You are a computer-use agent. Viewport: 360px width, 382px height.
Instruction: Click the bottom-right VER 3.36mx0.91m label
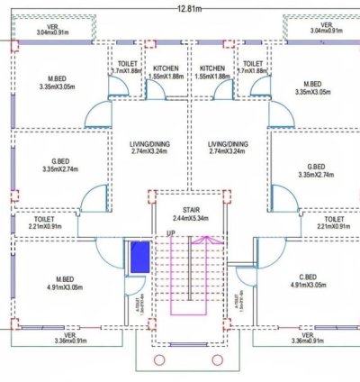point(306,338)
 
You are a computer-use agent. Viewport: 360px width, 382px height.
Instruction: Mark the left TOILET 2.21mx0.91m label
point(45,223)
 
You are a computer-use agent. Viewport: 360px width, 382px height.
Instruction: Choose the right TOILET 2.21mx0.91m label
point(333,223)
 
